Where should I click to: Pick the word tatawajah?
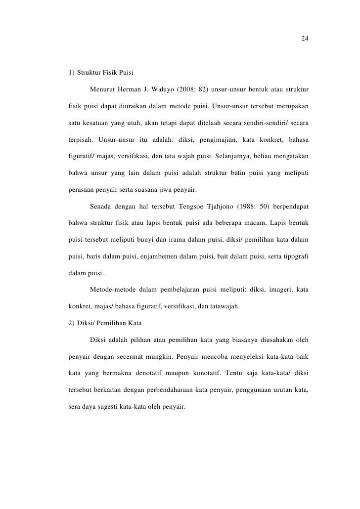[223, 306]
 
